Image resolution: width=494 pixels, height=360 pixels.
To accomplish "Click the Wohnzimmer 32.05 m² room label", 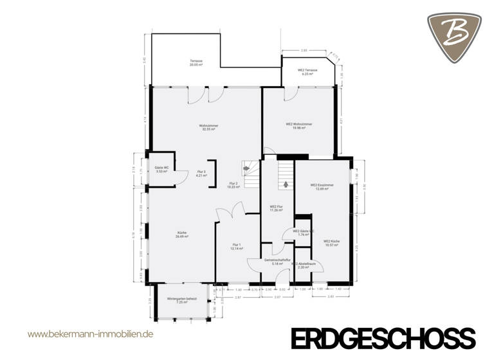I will click(x=207, y=127).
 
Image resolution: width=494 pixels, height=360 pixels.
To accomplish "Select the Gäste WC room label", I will click(x=161, y=170).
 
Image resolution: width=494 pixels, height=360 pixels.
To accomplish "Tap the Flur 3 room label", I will click(x=201, y=174).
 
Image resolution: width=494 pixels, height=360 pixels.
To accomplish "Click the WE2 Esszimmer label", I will click(x=322, y=186).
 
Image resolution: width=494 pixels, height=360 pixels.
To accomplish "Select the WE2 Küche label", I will click(x=332, y=243).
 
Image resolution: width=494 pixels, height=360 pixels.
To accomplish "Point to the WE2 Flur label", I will click(x=277, y=208).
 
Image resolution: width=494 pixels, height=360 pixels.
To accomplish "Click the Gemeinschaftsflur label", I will click(x=277, y=262).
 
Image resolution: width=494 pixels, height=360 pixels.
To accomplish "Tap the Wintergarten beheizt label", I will click(x=178, y=300).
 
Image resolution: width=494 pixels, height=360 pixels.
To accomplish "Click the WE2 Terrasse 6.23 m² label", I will click(x=306, y=72).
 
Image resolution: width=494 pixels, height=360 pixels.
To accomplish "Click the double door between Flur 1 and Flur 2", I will click(x=230, y=212).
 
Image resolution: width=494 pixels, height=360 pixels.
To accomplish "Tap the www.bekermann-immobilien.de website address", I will click(x=90, y=334).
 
